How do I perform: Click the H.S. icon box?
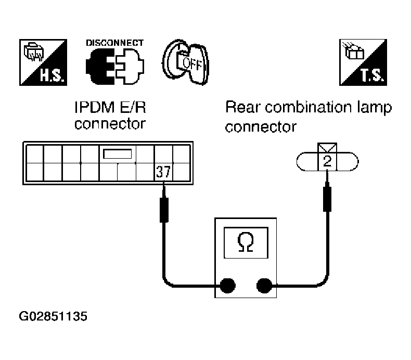tap(43, 62)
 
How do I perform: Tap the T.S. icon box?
tap(363, 62)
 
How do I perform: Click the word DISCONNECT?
tap(115, 43)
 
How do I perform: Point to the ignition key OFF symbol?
tap(186, 62)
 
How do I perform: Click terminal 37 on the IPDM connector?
tap(163, 172)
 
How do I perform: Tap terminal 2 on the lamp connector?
tap(327, 161)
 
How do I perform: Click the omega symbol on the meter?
tap(246, 242)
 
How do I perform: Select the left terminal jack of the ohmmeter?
tap(227, 286)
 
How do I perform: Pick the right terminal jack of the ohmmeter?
tap(264, 286)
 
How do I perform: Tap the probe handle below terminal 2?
tap(327, 199)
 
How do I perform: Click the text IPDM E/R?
tap(110, 107)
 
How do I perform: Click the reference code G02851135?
tap(53, 316)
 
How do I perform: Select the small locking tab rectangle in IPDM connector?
tap(118, 154)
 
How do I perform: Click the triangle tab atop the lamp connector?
tap(327, 148)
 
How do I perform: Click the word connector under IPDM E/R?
tap(110, 124)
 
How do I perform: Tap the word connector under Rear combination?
tap(261, 127)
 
